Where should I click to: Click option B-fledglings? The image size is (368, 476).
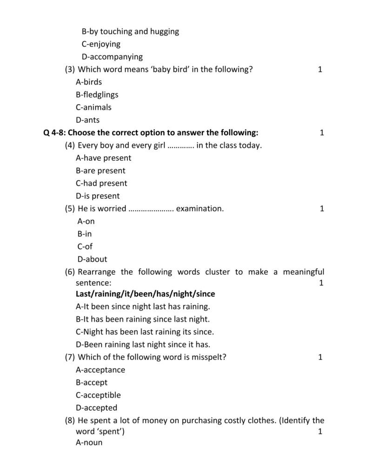click(x=97, y=95)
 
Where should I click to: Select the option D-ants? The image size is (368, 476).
click(x=87, y=120)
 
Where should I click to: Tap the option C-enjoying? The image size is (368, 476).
click(x=100, y=44)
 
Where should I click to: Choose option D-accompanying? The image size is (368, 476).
click(x=112, y=57)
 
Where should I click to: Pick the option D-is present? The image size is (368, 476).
click(x=98, y=196)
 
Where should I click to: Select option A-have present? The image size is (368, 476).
click(x=103, y=158)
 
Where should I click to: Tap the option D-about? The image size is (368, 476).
click(x=92, y=259)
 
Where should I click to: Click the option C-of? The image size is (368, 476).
click(x=85, y=247)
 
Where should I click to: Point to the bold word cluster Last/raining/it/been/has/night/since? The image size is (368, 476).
click(x=145, y=294)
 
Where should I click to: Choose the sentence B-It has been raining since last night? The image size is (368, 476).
click(x=143, y=319)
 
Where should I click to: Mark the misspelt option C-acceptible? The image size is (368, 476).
click(x=98, y=395)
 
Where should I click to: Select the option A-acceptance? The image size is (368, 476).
click(x=100, y=370)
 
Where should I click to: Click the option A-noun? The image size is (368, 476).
click(x=89, y=443)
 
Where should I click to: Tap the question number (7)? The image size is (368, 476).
click(x=70, y=357)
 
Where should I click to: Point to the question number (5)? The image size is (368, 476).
click(x=70, y=209)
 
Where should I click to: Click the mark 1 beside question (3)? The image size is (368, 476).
click(x=320, y=70)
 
